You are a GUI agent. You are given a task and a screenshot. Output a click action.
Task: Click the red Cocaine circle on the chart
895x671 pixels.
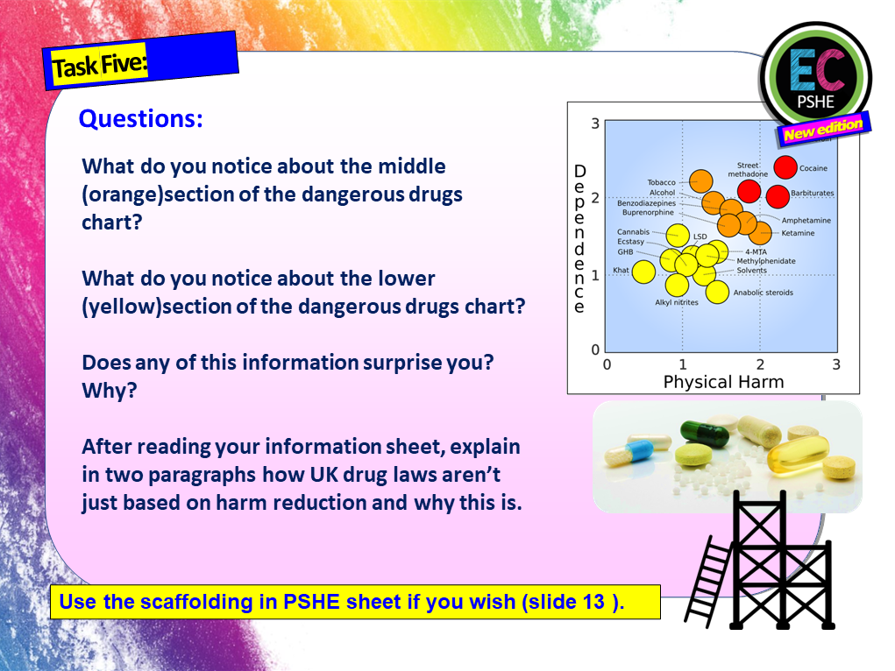(785, 167)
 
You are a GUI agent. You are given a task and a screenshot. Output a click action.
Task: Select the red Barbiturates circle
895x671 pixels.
(778, 196)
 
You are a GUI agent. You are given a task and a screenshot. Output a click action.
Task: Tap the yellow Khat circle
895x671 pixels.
(643, 272)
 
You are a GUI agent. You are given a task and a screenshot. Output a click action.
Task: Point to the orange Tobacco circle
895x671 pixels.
(700, 181)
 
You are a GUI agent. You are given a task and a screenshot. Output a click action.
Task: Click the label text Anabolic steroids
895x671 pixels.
(763, 293)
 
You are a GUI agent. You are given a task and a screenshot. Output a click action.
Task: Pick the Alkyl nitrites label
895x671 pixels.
(677, 303)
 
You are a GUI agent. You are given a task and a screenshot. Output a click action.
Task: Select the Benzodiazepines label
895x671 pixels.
(646, 203)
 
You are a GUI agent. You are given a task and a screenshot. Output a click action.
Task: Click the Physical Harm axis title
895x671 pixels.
(723, 382)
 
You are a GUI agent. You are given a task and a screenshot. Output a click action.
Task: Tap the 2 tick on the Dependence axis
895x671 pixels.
(595, 198)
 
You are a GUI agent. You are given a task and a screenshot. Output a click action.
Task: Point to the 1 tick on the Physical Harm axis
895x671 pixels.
(682, 364)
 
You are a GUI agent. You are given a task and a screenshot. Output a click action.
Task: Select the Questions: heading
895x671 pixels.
(140, 119)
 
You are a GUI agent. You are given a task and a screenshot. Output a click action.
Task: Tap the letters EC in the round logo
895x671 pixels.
(816, 74)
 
